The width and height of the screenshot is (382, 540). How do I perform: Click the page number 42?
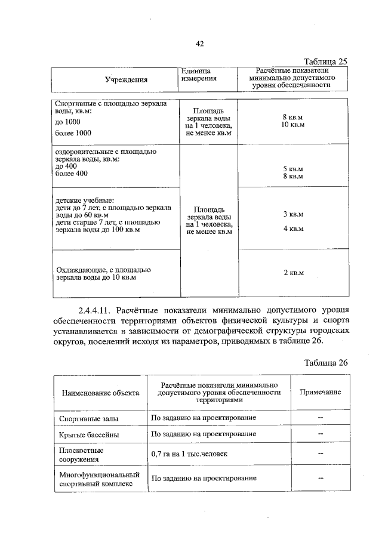200,43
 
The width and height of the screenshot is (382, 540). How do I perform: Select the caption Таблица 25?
325,61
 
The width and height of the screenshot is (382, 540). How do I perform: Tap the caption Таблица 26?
325,363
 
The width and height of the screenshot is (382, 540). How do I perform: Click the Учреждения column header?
126,80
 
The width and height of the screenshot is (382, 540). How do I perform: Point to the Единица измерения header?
199,75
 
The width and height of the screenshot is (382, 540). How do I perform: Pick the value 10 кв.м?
293,125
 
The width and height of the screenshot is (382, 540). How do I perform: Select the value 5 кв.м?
293,169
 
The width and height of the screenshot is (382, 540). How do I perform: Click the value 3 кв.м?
293,214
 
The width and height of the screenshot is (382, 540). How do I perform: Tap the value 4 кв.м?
293,229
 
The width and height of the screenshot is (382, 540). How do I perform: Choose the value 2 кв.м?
293,273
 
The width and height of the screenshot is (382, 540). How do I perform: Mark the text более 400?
71,174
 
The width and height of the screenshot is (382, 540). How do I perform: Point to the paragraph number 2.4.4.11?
95,311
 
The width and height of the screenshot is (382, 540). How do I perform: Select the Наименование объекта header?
100,393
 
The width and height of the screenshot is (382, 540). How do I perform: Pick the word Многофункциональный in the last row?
99,474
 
